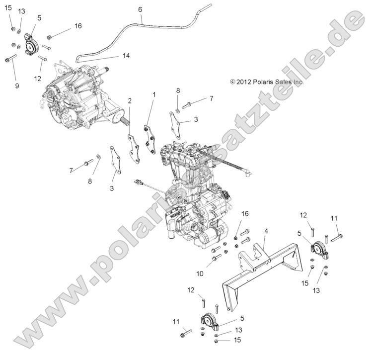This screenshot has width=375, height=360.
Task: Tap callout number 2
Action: click(130, 100)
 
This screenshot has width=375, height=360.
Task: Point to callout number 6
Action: click(140, 9)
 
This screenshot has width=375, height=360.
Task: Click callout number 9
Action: click(17, 86)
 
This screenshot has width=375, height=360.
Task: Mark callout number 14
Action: click(126, 56)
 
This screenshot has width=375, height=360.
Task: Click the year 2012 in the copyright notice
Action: click(245, 82)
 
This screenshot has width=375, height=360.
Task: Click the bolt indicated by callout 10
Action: click(216, 258)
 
